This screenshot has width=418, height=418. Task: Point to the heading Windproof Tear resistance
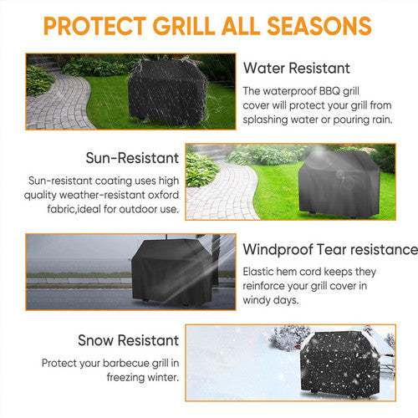tap(329, 249)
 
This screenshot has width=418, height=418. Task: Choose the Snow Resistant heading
tap(129, 340)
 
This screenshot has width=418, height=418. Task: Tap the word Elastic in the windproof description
tap(259, 271)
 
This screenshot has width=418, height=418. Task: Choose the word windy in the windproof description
tap(257, 300)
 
